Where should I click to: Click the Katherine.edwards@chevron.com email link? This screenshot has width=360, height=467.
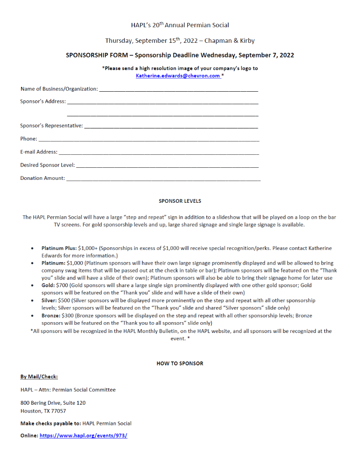click(x=178, y=76)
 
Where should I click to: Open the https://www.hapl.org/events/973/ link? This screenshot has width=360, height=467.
click(x=83, y=436)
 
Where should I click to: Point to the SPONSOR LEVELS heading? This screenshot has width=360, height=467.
click(x=180, y=201)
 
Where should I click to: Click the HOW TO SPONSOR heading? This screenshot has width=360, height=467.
click(x=180, y=364)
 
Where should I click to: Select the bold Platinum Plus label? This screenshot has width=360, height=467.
click(x=59, y=248)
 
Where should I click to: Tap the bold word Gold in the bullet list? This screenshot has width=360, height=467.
click(x=48, y=285)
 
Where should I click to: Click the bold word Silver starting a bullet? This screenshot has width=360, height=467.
click(x=49, y=301)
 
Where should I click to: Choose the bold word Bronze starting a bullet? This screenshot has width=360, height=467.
click(x=51, y=316)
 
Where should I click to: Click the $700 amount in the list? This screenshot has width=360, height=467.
click(x=62, y=285)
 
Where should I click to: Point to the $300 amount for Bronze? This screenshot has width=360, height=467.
click(x=67, y=316)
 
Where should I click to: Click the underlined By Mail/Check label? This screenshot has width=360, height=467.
click(x=39, y=377)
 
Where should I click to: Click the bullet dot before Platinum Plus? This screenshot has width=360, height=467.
click(x=33, y=249)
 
